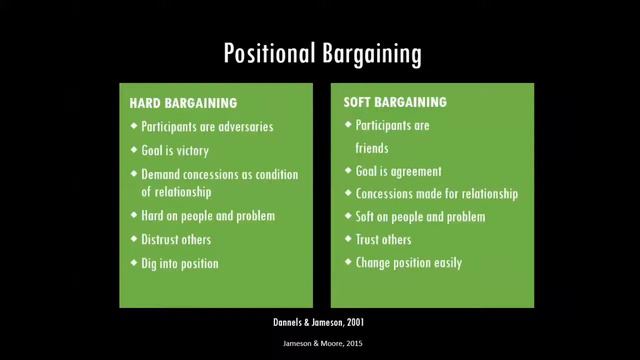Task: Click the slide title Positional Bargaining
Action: click(x=320, y=53)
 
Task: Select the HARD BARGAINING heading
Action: click(x=183, y=103)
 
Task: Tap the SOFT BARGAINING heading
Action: click(x=394, y=103)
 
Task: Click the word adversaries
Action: click(x=242, y=127)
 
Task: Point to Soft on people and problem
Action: click(x=420, y=217)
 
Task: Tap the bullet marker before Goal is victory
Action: click(x=134, y=150)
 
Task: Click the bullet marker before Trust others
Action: click(x=347, y=240)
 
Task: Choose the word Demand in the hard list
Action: click(x=163, y=174)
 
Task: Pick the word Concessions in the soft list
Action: click(x=389, y=194)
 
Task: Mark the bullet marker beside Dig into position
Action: click(x=134, y=264)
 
